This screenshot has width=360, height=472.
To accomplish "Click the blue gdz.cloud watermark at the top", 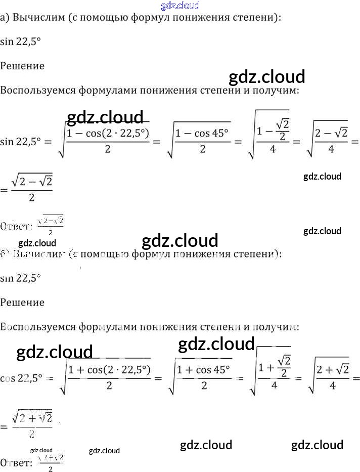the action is point(180,6).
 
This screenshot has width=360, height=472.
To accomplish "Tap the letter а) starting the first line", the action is point(5,18).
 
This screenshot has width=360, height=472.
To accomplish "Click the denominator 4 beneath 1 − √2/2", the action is point(273,150).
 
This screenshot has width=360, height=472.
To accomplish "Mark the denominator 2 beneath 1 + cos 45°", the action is point(204,386).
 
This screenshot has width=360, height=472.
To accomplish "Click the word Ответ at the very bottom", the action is point(16,462).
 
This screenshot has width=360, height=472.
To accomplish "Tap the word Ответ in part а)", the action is point(16,226).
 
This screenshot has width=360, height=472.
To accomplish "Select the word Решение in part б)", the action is point(22,303).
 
